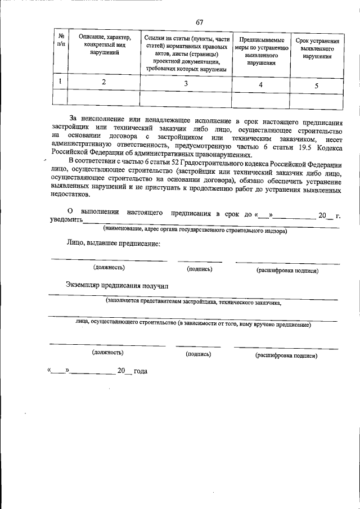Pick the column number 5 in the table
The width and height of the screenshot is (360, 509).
[x=317, y=86]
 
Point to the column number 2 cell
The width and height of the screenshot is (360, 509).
[x=103, y=82]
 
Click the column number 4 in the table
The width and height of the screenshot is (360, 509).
[x=260, y=85]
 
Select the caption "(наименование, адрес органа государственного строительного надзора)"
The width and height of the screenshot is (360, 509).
[x=195, y=231]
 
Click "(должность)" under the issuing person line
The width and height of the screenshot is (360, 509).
[x=109, y=268]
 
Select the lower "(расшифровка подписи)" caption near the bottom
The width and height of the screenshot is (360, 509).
[x=286, y=355]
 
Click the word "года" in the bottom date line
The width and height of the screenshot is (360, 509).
[x=140, y=371]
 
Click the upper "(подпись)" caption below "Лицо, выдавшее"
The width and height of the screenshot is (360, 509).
[x=200, y=269]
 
